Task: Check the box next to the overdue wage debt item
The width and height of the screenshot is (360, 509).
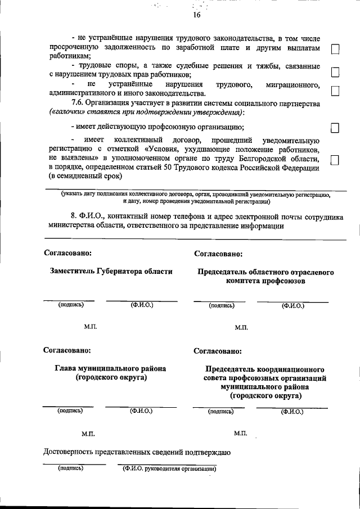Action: point(335,50)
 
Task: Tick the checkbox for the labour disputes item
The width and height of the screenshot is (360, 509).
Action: point(335,73)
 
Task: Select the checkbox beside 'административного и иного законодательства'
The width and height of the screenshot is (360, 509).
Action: point(335,91)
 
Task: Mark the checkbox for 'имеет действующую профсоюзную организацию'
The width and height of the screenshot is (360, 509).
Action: point(335,128)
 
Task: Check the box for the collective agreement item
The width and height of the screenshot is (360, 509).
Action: point(335,160)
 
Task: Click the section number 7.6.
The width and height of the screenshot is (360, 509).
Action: point(78,104)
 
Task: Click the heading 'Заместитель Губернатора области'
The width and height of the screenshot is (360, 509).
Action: point(111,271)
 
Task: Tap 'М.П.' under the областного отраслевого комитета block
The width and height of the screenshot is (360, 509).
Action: point(242,327)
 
